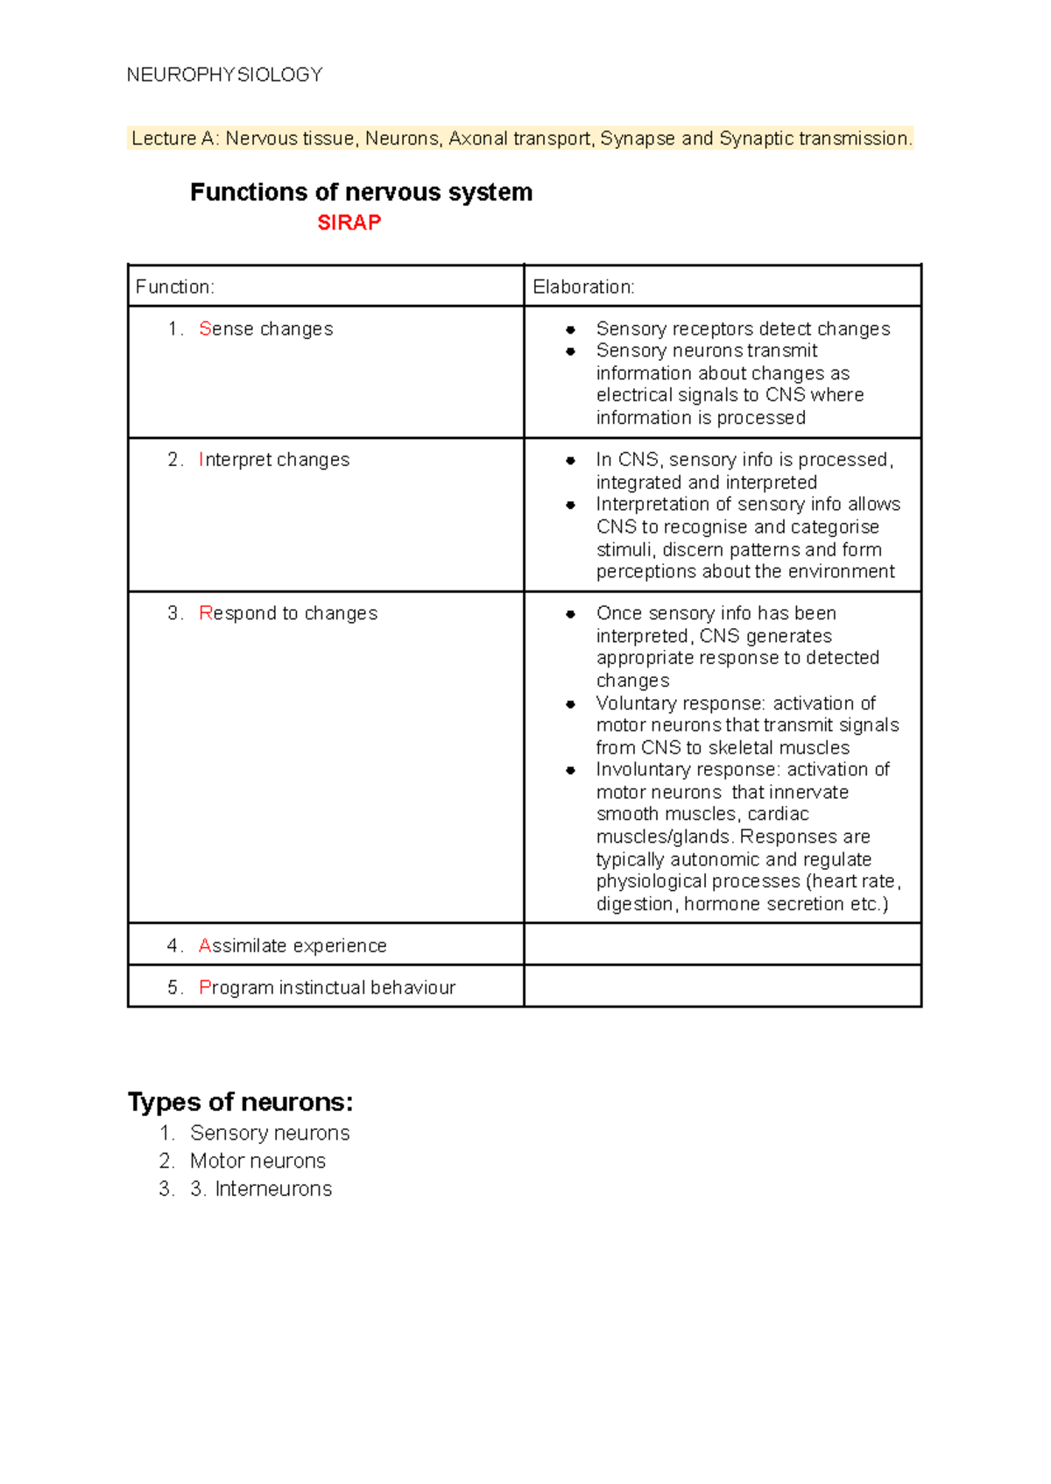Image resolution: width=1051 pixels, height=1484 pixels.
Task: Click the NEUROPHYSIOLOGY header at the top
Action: pos(224,74)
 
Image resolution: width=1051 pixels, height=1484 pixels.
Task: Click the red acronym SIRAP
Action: pos(349,223)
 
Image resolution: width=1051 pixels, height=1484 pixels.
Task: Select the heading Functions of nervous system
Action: pos(361,192)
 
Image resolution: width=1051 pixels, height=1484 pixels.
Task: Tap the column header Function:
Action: pos(174,286)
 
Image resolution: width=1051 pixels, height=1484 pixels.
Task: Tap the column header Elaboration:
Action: pos(583,286)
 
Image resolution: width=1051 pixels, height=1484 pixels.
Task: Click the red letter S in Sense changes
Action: pos(205,329)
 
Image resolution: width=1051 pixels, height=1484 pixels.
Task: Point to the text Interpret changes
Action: pos(274,460)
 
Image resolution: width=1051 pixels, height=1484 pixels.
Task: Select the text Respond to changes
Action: pos(288,613)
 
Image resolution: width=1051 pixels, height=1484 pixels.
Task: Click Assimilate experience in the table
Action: pos(293,945)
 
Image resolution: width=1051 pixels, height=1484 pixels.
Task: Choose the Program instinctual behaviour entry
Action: pos(327,987)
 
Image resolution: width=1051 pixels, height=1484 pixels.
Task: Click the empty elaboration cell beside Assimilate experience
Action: pos(722,944)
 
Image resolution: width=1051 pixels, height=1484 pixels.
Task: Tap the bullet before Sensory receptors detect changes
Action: pos(570,329)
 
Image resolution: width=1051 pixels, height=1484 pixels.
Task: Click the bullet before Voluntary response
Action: pos(570,703)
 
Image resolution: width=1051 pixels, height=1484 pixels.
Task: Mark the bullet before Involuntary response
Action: pos(570,770)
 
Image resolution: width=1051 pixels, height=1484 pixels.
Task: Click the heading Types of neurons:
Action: pos(240,1101)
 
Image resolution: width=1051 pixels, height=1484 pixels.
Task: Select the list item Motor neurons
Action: pos(257,1161)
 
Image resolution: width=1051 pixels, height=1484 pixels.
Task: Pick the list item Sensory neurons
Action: pos(270,1133)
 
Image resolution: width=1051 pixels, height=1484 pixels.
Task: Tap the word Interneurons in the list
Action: pos(273,1189)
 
